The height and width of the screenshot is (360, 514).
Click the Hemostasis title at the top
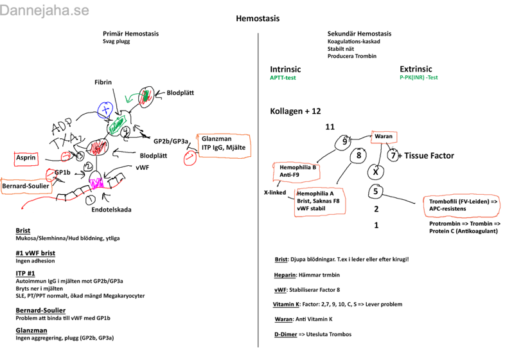258,19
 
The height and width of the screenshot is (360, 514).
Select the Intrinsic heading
285,69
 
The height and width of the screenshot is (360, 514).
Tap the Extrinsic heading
416,69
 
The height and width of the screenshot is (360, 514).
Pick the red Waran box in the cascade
384,136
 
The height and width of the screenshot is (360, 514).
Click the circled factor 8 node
359,155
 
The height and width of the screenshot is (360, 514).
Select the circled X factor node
376,172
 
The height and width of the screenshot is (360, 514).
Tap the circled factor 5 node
376,192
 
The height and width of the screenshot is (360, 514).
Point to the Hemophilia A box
318,201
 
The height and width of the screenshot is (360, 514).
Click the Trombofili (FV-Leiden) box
463,205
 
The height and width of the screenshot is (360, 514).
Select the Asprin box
26,157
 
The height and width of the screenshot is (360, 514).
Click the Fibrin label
103,83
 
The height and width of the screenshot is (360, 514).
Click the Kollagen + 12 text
295,111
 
